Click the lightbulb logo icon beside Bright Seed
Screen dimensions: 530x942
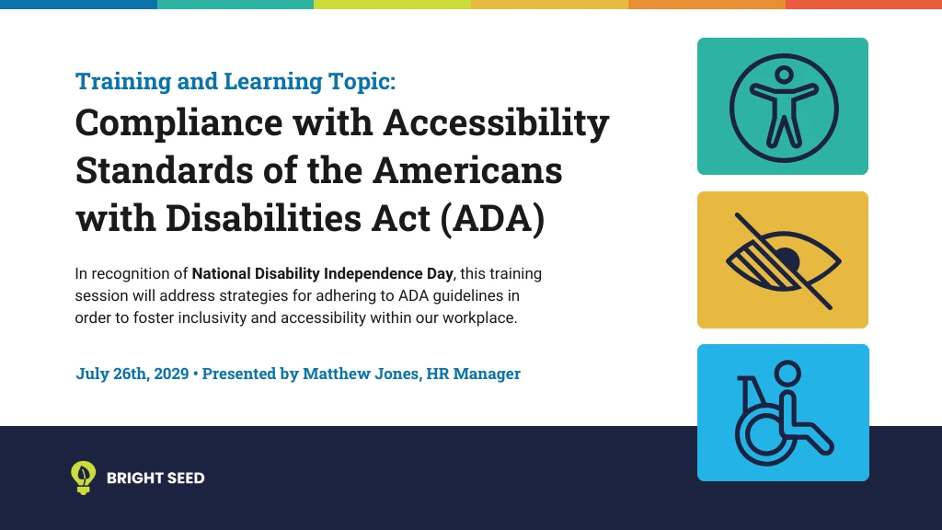(x=84, y=477)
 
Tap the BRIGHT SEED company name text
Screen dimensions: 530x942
(x=155, y=478)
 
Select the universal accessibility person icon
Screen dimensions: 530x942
(x=783, y=107)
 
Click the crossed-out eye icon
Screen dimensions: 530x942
(x=783, y=260)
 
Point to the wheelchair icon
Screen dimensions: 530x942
(x=783, y=413)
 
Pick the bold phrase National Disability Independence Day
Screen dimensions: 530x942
(x=322, y=274)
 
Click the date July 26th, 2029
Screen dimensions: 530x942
(x=132, y=374)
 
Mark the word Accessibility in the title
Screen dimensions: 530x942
(x=496, y=122)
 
